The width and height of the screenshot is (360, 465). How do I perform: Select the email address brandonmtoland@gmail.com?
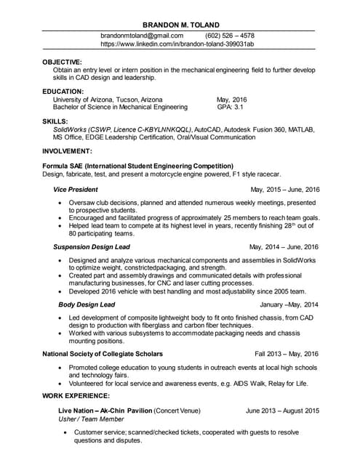(142, 35)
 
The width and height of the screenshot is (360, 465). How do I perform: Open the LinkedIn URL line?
(177, 44)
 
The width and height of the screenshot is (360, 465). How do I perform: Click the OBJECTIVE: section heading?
(62, 62)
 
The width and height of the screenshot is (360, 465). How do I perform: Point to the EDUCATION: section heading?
(63, 92)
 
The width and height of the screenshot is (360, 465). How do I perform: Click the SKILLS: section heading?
(55, 121)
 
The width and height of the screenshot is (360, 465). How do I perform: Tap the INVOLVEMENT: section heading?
(67, 151)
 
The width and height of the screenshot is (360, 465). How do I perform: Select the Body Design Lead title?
(87, 304)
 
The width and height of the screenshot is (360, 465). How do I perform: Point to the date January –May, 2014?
(289, 304)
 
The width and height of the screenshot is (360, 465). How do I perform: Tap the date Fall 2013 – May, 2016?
(287, 354)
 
